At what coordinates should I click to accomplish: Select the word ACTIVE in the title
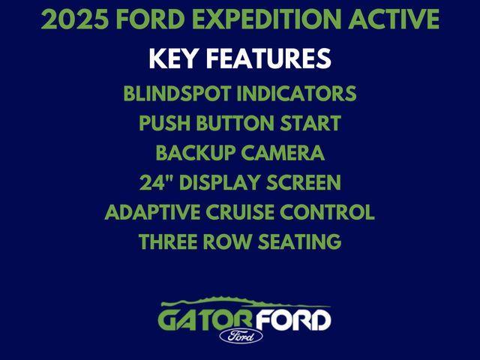397,20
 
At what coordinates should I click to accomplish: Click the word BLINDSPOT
184,95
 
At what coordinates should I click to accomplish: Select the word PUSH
163,124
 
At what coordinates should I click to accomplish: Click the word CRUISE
240,212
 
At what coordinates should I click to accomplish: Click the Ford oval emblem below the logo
241,335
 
